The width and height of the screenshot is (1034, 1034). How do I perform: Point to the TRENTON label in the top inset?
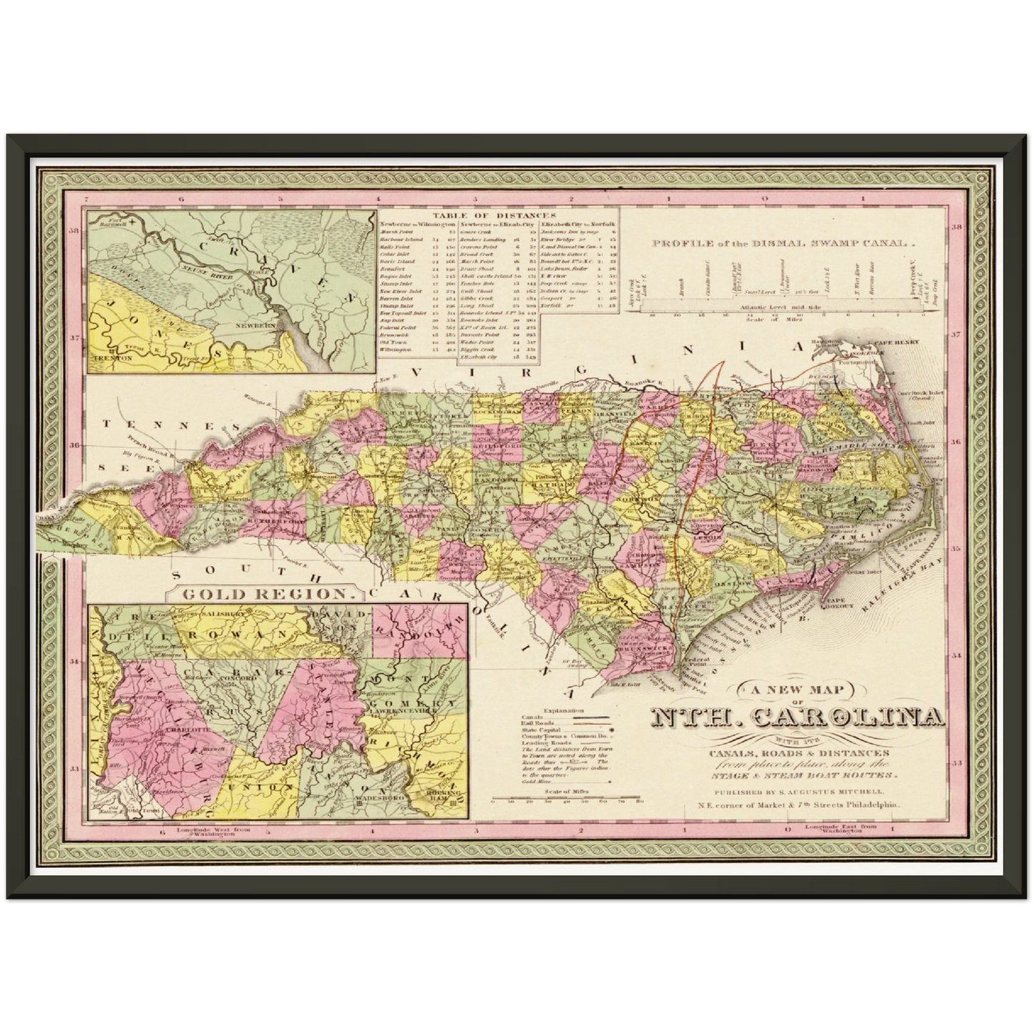coord(112,356)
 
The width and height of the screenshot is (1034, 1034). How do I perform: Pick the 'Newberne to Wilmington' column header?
coord(417,224)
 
